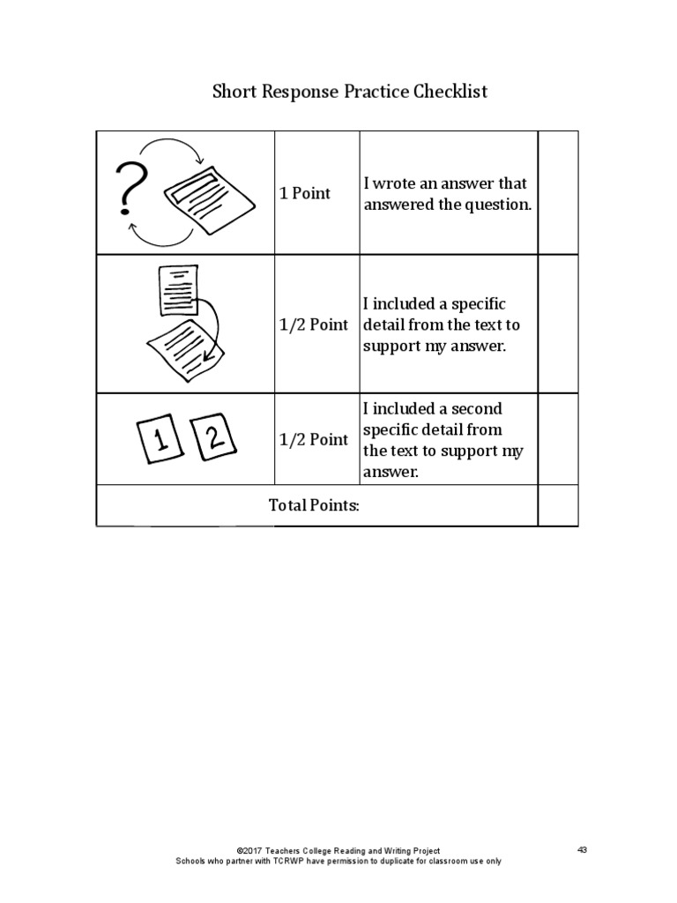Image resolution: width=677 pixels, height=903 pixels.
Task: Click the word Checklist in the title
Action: coord(450,92)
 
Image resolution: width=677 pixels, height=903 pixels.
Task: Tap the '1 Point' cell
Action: coord(305,193)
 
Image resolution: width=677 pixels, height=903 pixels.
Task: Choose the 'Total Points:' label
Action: coord(315,505)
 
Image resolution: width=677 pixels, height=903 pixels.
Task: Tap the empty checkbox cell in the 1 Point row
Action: coord(558,192)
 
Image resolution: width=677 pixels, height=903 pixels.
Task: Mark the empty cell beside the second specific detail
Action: coord(558,439)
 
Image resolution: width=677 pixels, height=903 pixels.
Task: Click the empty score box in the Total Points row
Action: coord(558,505)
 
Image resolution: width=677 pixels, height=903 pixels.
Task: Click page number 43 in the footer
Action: coord(582,849)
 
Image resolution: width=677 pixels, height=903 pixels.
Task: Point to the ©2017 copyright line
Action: coord(338,850)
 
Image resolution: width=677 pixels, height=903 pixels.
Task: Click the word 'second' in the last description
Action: coord(476,409)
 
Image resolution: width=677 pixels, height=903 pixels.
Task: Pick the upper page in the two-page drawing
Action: coord(179,289)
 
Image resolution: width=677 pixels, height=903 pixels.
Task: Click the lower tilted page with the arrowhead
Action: coord(184,349)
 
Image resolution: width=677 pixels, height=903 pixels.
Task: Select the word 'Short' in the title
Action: coord(233,92)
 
